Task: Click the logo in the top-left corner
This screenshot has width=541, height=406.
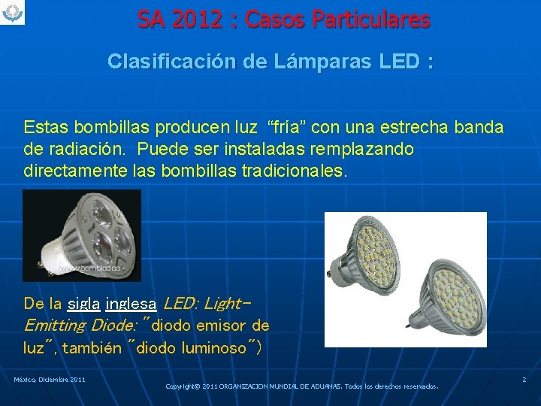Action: pyautogui.click(x=13, y=12)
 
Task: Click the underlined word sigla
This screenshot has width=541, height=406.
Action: pyautogui.click(x=83, y=304)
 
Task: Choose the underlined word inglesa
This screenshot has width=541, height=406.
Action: pyautogui.click(x=131, y=304)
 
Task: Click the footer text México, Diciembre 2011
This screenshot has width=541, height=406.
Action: pyautogui.click(x=49, y=380)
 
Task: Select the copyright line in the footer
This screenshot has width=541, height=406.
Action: pyautogui.click(x=302, y=386)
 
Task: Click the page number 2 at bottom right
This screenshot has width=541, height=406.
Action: pyautogui.click(x=524, y=380)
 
